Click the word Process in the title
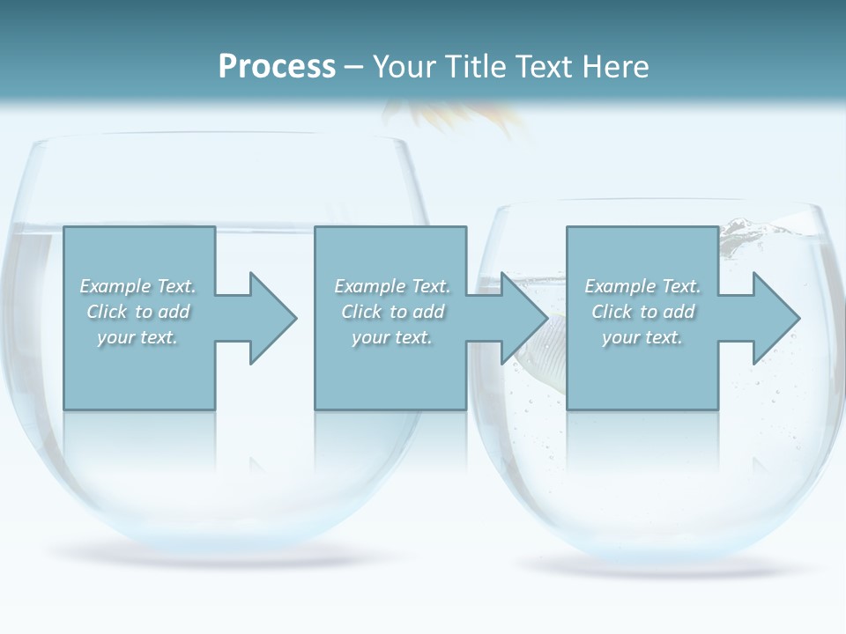click(x=277, y=67)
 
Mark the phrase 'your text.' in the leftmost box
click(x=137, y=337)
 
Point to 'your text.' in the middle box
click(x=392, y=337)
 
